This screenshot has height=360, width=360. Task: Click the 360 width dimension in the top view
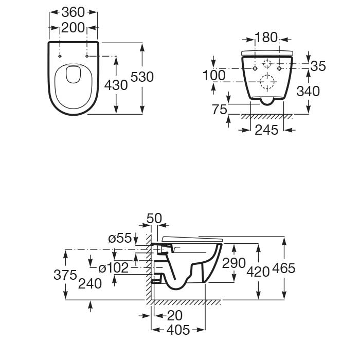pos(73,11)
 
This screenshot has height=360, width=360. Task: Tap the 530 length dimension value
pos(142,77)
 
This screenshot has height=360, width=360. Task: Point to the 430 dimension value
pos(116,84)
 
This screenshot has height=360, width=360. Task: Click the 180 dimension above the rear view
pos(266,38)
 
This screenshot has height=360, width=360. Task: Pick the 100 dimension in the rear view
pos(214,75)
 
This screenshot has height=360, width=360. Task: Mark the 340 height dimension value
pos(309,91)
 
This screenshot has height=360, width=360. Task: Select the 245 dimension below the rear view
pos(267,130)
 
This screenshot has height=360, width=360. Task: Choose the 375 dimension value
pos(66,275)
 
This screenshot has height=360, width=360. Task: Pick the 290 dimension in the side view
pos(234,263)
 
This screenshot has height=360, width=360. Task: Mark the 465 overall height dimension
pos(284,268)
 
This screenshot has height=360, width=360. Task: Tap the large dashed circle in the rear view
pos(267,82)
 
